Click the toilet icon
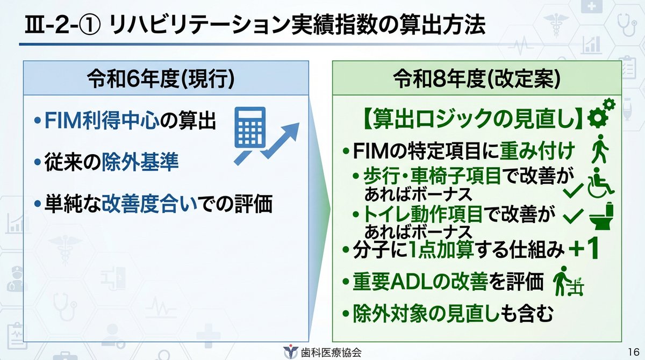click(x=601, y=215)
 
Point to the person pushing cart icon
click(x=569, y=281)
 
